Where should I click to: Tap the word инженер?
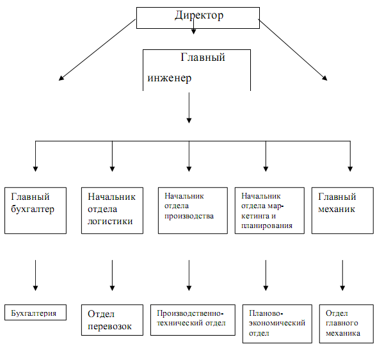pyautogui.click(x=167, y=78)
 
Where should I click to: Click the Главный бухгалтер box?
pyautogui.click(x=35, y=209)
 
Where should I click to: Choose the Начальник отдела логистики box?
pyautogui.click(x=112, y=209)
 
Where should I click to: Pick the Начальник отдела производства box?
pyautogui.click(x=192, y=209)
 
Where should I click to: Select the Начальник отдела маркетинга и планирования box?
pyautogui.click(x=268, y=209)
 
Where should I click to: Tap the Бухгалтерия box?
pyautogui.click(x=35, y=313)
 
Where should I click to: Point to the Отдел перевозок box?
pyautogui.click(x=112, y=320)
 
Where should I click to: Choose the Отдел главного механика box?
pyautogui.click(x=346, y=324)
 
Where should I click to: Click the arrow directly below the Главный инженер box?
pyautogui.click(x=189, y=108)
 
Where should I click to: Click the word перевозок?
pyautogui.click(x=110, y=326)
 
